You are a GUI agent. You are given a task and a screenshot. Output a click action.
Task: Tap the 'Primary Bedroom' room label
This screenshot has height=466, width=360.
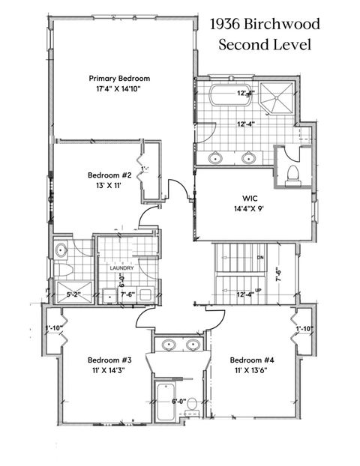click(x=119, y=79)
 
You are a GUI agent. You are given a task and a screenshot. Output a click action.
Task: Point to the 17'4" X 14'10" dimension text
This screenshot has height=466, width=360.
click(x=119, y=89)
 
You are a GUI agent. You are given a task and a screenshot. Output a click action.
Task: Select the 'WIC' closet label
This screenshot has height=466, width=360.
click(x=250, y=198)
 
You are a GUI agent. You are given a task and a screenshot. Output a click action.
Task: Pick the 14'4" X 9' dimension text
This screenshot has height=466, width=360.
click(x=250, y=210)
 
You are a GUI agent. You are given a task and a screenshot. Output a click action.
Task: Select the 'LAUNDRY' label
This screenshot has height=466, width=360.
click(x=121, y=267)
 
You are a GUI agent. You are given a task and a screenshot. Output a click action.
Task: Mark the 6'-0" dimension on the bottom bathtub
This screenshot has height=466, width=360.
click(x=178, y=402)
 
